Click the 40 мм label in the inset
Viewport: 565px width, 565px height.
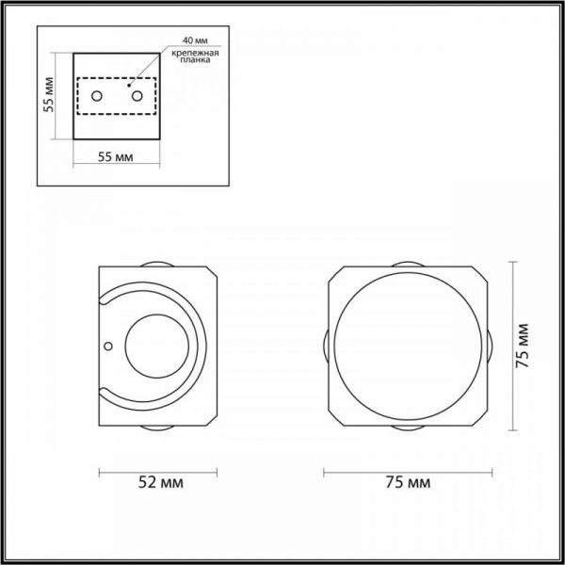point(195,40)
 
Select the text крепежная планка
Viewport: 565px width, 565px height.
point(195,56)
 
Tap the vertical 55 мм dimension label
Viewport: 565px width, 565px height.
point(48,95)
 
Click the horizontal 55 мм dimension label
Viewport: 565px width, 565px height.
point(115,157)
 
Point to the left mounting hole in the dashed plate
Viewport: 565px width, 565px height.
point(97,96)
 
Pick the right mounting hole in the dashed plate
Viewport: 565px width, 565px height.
point(137,96)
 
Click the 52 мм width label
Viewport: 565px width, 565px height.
point(161,482)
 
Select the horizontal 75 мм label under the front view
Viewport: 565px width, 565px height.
point(408,482)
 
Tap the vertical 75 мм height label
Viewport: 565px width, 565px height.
point(522,346)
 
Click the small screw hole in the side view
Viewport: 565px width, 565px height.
point(107,346)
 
